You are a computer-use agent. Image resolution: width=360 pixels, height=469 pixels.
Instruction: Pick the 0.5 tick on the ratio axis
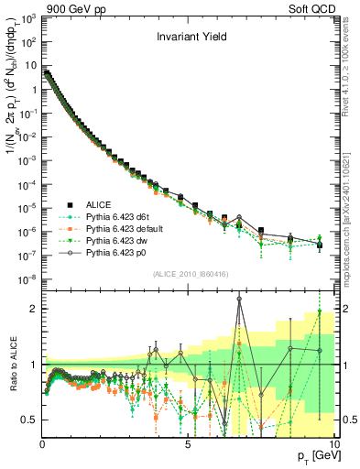[x=30, y=420]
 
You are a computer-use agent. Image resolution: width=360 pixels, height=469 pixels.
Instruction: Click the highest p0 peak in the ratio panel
[x=239, y=298]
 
